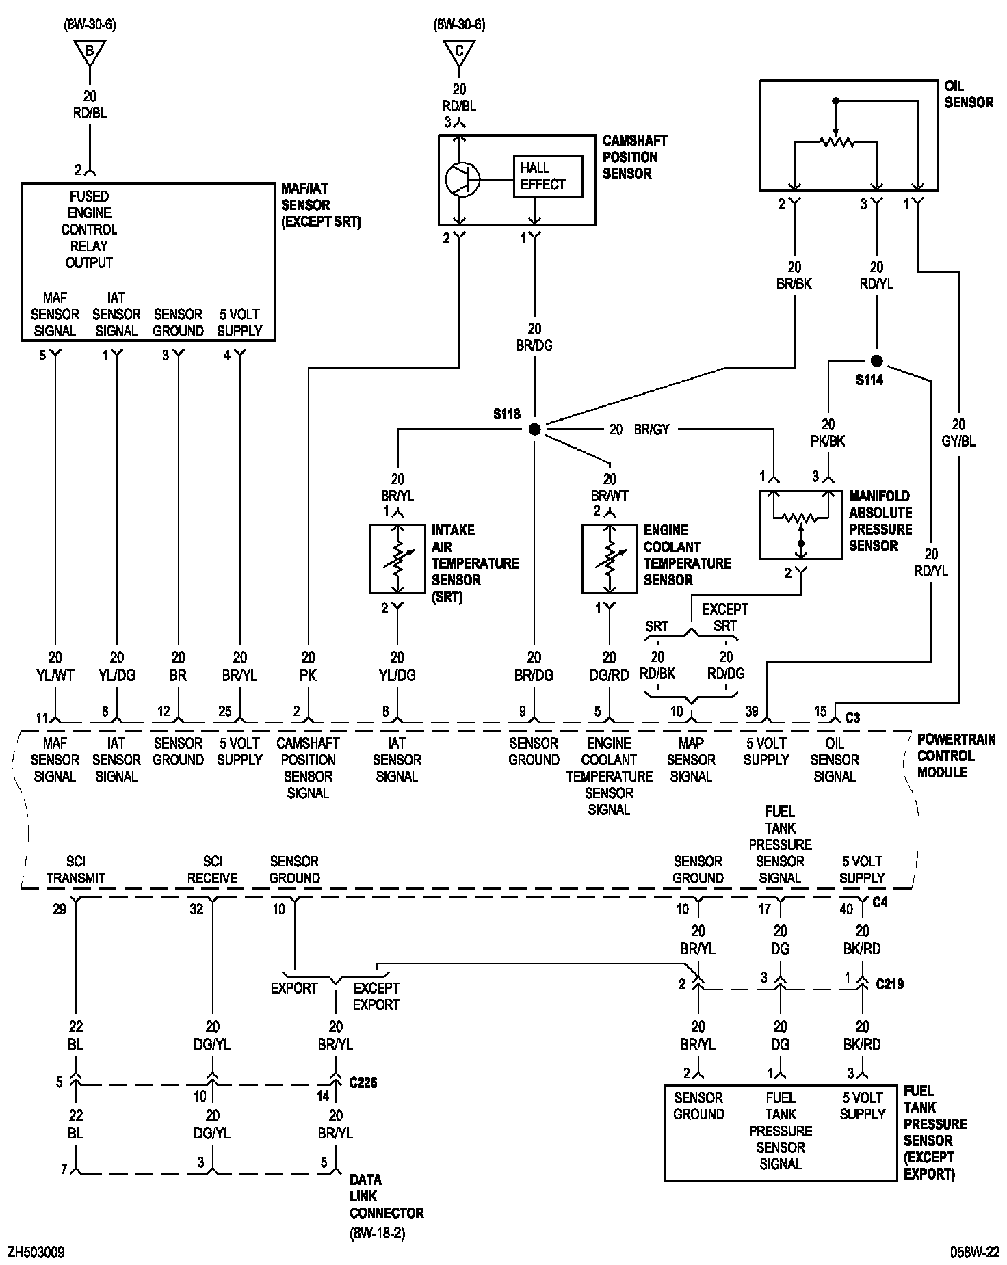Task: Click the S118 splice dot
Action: pyautogui.click(x=535, y=429)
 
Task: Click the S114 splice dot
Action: pyautogui.click(x=876, y=361)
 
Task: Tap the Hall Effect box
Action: pyautogui.click(x=548, y=176)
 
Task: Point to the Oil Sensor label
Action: pyautogui.click(x=968, y=94)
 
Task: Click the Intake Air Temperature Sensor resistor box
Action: pyautogui.click(x=397, y=559)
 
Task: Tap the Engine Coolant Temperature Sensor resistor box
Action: pyautogui.click(x=610, y=559)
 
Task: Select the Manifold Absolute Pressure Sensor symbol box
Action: pyautogui.click(x=801, y=524)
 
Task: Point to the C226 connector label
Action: pyautogui.click(x=363, y=1082)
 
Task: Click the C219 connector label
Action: pyautogui.click(x=889, y=984)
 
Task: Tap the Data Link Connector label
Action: pyautogui.click(x=387, y=1196)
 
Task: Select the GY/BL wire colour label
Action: pyautogui.click(x=958, y=442)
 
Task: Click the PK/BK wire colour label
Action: pyautogui.click(x=828, y=442)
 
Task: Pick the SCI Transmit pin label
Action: pyautogui.click(x=76, y=870)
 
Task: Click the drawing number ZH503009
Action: pyautogui.click(x=36, y=1252)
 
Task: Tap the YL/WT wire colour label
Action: pyautogui.click(x=55, y=675)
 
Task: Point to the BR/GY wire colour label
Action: pyautogui.click(x=651, y=429)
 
